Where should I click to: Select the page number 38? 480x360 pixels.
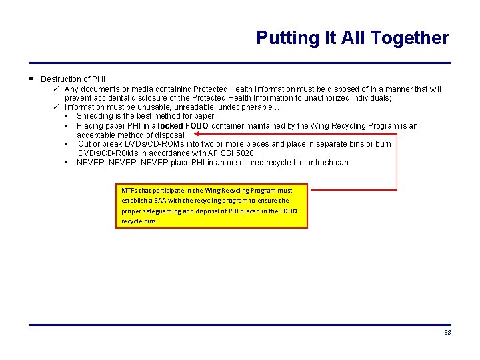(x=447, y=333)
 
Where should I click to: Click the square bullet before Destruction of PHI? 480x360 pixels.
(x=32, y=79)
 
